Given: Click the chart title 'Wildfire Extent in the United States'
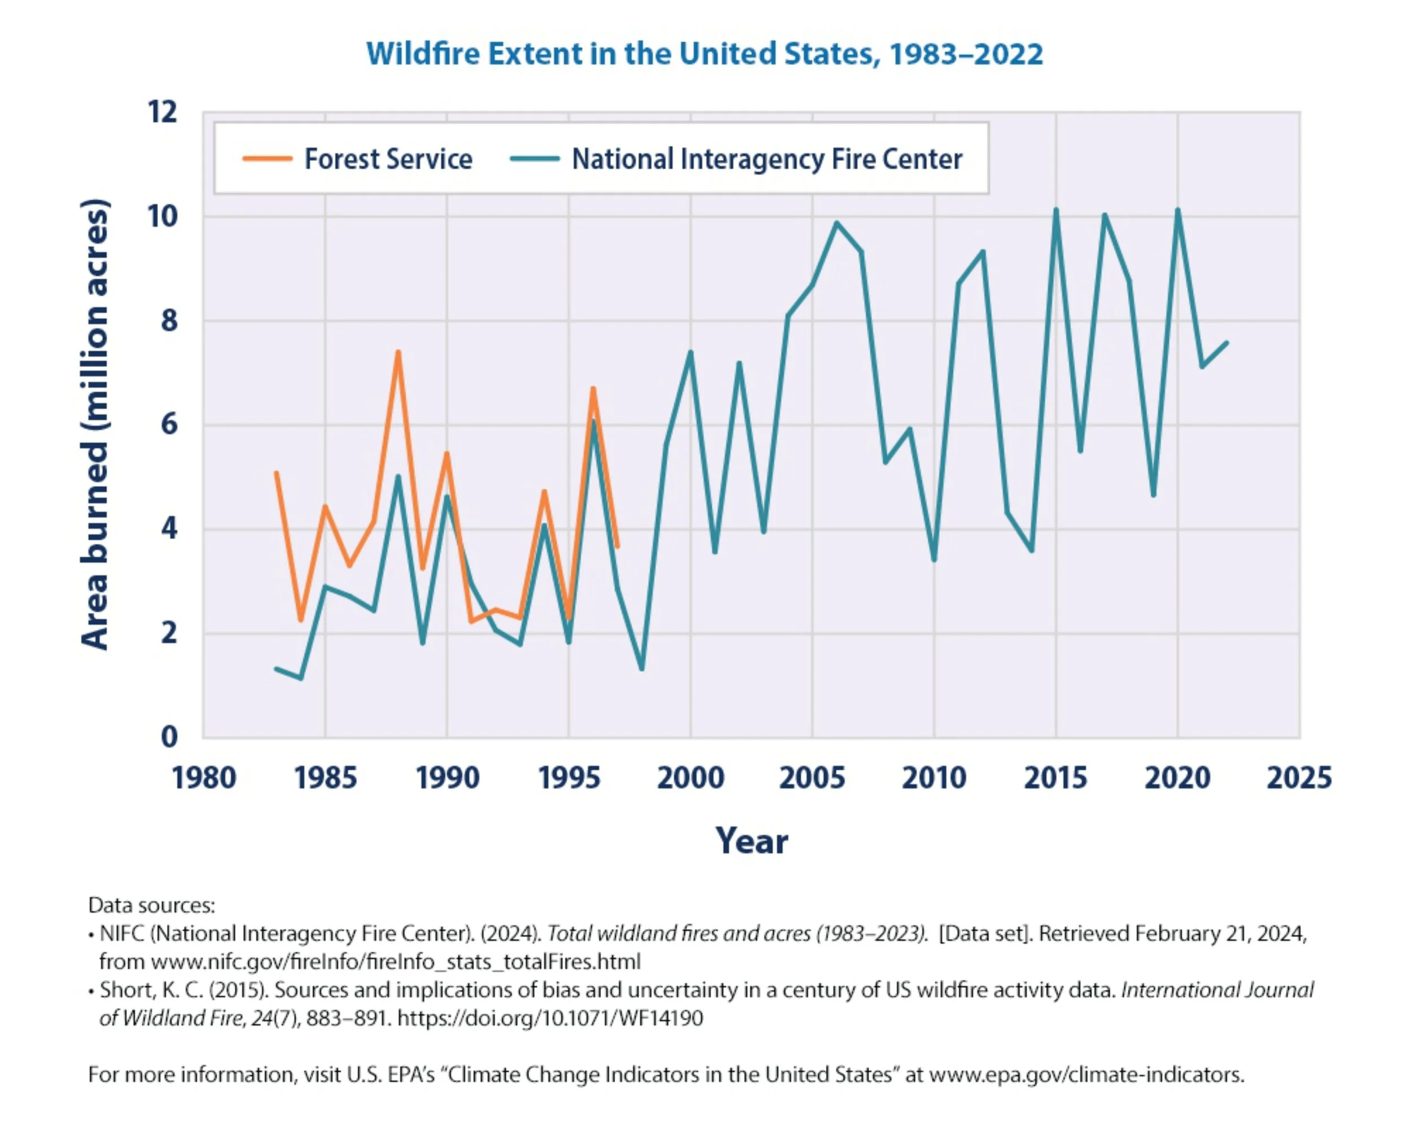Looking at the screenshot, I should tap(704, 54).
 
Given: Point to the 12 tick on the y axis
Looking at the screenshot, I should tap(163, 112).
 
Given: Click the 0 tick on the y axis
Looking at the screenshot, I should tap(169, 737).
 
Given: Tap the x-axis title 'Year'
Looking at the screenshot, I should tap(751, 841).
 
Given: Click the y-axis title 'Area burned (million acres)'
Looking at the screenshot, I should tap(95, 424).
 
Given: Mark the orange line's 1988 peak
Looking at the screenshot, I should tap(398, 353).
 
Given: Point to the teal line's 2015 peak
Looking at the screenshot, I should tap(1055, 210).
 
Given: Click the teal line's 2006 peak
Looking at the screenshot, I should tap(836, 222).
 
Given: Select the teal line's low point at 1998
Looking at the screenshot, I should tap(641, 669).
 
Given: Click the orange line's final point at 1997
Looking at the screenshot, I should tap(617, 546).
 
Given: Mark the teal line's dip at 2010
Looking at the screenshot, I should tap(934, 560).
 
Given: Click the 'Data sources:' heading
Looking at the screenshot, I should tap(151, 905).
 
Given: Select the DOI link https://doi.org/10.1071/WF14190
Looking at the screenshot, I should tap(550, 1018).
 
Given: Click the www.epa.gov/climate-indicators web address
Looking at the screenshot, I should tap(1085, 1075).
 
